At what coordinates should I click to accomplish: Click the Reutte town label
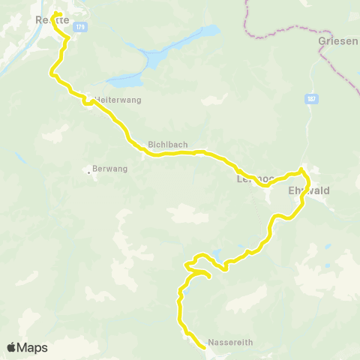[x=46, y=20]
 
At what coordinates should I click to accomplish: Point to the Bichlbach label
[x=163, y=145]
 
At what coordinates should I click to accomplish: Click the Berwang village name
[x=110, y=169]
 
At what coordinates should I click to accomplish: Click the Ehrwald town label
[x=309, y=190]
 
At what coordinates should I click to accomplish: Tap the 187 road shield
[x=310, y=97]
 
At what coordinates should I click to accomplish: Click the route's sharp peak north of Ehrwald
[x=301, y=169]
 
